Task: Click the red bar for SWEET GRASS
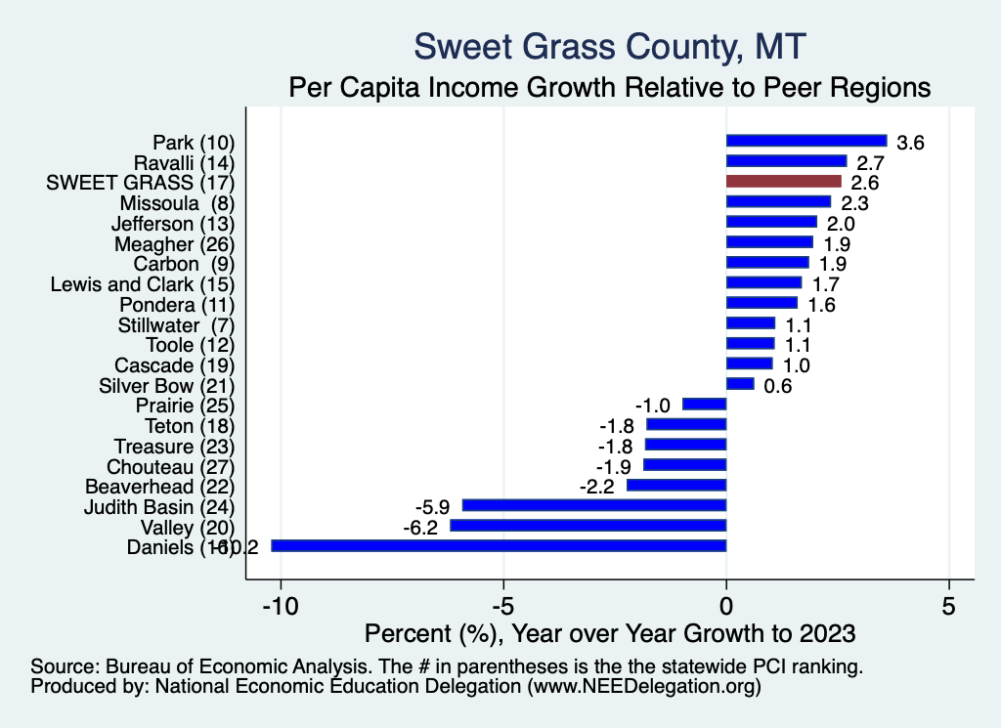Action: tap(783, 182)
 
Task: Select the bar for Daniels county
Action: tap(499, 546)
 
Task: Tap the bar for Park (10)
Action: tap(806, 141)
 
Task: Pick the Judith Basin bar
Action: tap(594, 505)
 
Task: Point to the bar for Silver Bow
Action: tap(740, 384)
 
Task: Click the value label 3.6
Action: tap(911, 143)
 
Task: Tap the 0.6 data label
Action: tap(778, 386)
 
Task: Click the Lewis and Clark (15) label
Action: tap(143, 283)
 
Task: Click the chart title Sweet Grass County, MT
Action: tap(610, 46)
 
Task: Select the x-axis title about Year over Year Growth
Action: tap(610, 632)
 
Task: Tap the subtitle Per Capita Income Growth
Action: tap(610, 87)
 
